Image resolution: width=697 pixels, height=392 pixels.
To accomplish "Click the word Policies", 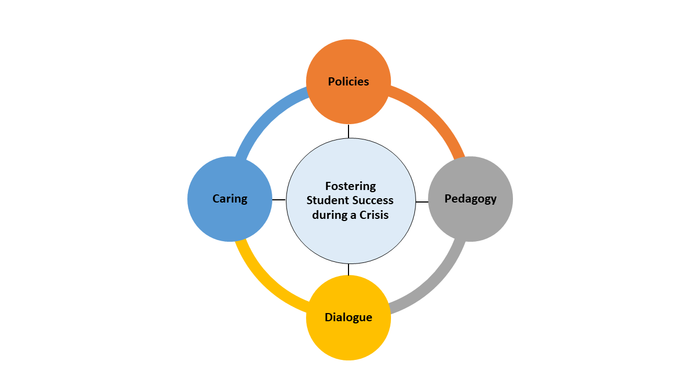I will pos(348,82).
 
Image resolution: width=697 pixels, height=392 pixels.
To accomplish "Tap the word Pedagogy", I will pos(470,199).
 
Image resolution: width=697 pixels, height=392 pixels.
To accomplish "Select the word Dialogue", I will pos(348,317).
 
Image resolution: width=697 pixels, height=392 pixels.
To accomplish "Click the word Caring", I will pos(230,199).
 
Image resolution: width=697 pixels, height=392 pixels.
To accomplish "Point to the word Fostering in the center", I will pos(351,186).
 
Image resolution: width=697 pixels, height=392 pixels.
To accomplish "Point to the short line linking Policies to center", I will pos(348,131).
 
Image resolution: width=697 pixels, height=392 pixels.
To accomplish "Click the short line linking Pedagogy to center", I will pos(422,202).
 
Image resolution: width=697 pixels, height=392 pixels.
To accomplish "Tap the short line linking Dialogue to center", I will pos(348,269).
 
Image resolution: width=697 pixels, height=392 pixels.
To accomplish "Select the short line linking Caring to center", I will pos(279,200).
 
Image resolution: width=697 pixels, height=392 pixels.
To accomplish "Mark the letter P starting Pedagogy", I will pos(448,199).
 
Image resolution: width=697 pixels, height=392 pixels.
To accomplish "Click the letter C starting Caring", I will pos(216,199).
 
